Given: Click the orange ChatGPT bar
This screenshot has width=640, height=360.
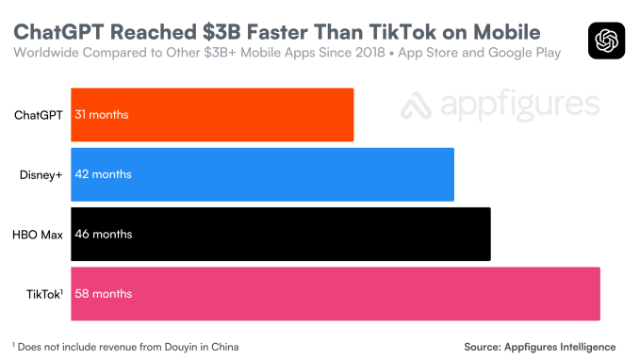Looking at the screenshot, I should pyautogui.click(x=212, y=115).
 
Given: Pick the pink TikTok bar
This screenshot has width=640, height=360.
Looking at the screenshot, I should pyautogui.click(x=336, y=293).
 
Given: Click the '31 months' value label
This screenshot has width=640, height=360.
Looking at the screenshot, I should pyautogui.click(x=102, y=115).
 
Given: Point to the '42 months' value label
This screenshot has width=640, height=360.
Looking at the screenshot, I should pyautogui.click(x=104, y=174).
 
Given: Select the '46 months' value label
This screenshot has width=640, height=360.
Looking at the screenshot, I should pyautogui.click(x=104, y=234).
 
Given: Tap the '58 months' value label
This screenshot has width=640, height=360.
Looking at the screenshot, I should pyautogui.click(x=104, y=293).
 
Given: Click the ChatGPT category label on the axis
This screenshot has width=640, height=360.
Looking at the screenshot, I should pyautogui.click(x=39, y=115).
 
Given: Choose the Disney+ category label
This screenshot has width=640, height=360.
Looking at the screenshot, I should pyautogui.click(x=41, y=174).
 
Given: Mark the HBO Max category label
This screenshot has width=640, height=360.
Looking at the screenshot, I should pyautogui.click(x=38, y=234).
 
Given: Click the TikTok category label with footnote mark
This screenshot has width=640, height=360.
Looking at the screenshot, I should pyautogui.click(x=43, y=293).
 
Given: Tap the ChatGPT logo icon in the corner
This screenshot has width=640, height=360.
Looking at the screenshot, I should pyautogui.click(x=605, y=40).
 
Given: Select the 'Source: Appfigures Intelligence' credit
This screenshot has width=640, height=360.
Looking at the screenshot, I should pyautogui.click(x=539, y=347).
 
